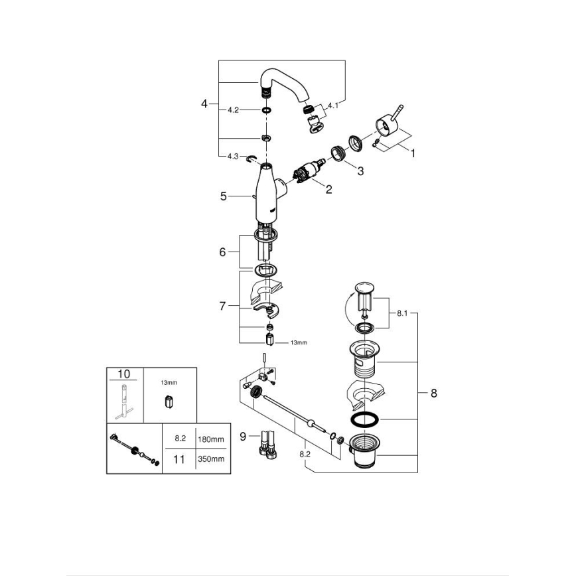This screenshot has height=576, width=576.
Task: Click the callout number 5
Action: click(x=224, y=196)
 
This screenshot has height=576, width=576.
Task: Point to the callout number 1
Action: click(x=412, y=153)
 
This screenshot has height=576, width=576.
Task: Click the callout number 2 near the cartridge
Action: click(x=328, y=189)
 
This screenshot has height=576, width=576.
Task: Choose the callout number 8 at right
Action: click(x=433, y=393)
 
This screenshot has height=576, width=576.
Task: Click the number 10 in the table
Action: click(x=124, y=374)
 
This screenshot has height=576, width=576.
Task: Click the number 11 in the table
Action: click(x=179, y=459)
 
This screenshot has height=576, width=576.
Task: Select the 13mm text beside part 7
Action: click(x=299, y=342)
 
